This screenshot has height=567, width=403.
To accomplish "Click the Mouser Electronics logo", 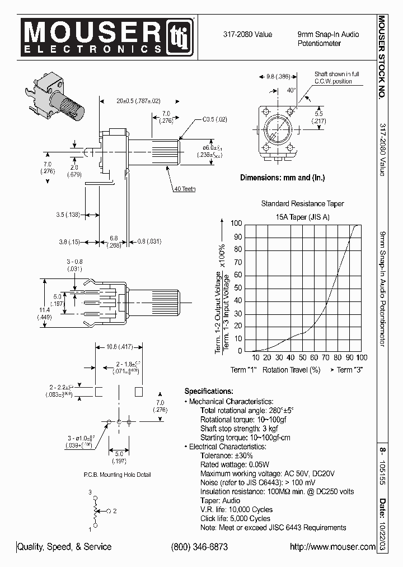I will tap(106, 38).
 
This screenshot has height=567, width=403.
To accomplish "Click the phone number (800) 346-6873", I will tap(199, 547).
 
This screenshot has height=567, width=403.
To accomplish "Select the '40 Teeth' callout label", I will tap(184, 189).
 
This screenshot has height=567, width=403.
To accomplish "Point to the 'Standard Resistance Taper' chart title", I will tap(302, 204).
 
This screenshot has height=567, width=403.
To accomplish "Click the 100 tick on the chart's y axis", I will tap(236, 224).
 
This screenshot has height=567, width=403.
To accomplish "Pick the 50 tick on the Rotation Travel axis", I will tap(302, 357).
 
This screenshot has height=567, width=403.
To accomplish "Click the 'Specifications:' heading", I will tap(208, 391).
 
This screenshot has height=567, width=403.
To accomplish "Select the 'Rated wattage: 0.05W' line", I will tap(235, 464).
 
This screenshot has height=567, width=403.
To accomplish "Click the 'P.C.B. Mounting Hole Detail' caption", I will tap(118, 475).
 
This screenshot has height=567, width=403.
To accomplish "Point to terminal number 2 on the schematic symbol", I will tap(114, 511).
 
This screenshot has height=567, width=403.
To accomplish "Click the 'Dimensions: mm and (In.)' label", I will tap(282, 178).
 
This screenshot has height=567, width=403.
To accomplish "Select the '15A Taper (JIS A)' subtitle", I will tap(302, 216).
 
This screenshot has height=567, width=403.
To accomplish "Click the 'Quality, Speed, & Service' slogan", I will tap(65, 547).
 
